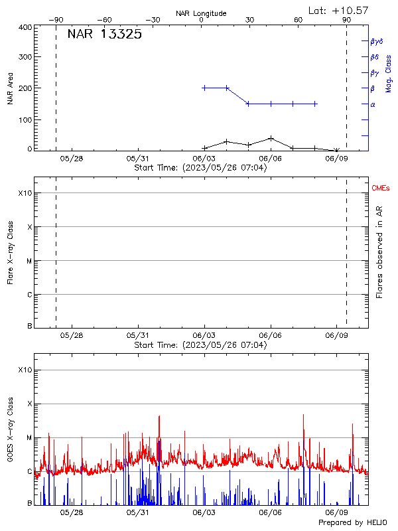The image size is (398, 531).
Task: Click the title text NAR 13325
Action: click(104, 35)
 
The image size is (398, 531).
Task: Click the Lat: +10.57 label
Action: click(339, 11)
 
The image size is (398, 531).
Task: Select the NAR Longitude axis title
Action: click(202, 13)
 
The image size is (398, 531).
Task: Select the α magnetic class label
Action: click(373, 104)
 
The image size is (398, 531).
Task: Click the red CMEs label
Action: click(381, 189)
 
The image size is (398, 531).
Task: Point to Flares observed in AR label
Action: click(379, 253)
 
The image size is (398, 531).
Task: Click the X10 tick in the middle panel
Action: click(25, 193)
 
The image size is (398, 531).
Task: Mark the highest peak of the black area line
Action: click(271, 138)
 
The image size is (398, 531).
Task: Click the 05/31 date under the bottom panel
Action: click(137, 513)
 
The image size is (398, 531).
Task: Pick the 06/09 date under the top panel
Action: click(337, 159)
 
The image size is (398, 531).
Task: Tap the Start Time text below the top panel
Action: click(200, 168)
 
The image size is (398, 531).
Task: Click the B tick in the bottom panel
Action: click(29, 503)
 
